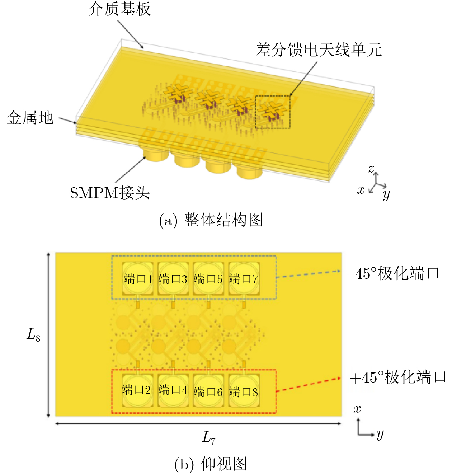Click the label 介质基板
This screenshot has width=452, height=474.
119,9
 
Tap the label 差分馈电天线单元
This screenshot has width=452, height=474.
319,50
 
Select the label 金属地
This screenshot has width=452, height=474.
30,118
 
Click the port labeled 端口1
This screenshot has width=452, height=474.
138,279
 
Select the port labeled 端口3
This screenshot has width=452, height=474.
173,279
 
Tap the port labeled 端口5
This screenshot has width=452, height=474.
208,279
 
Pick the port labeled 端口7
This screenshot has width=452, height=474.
244,279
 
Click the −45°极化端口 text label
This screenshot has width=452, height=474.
393,274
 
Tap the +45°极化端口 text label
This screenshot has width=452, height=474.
398,377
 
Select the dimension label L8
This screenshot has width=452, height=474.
33,335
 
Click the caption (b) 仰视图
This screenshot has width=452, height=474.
211,464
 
